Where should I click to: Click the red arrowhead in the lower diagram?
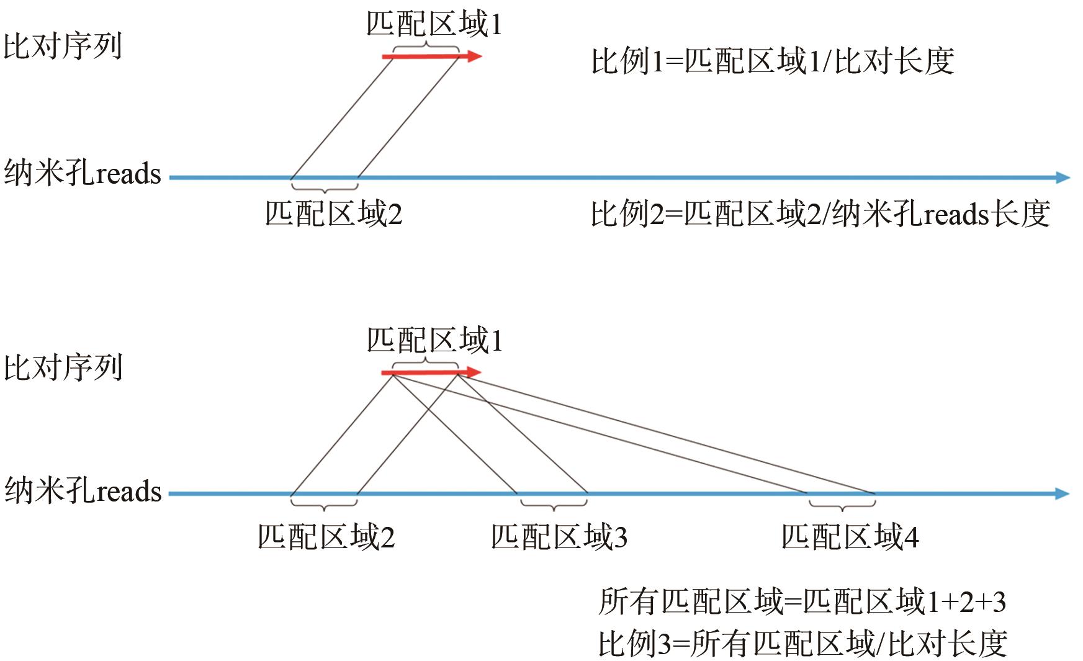click(474, 372)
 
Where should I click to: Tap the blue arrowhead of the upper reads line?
click(1063, 178)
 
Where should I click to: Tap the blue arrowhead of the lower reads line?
click(1063, 494)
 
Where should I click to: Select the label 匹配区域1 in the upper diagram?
click(434, 25)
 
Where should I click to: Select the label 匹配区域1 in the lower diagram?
click(434, 341)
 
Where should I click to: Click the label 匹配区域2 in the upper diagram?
click(334, 214)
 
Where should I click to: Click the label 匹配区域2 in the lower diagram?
click(326, 537)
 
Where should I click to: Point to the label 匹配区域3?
click(559, 537)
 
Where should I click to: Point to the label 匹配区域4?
click(850, 537)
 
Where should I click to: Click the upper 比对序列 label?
click(63, 46)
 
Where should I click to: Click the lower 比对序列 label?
click(63, 367)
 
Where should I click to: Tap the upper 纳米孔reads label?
click(83, 174)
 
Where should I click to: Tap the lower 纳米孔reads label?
click(83, 491)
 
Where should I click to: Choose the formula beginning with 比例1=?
click(773, 61)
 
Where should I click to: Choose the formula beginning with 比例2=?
click(820, 214)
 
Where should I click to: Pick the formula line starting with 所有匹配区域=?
click(802, 601)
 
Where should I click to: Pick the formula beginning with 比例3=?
click(802, 644)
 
